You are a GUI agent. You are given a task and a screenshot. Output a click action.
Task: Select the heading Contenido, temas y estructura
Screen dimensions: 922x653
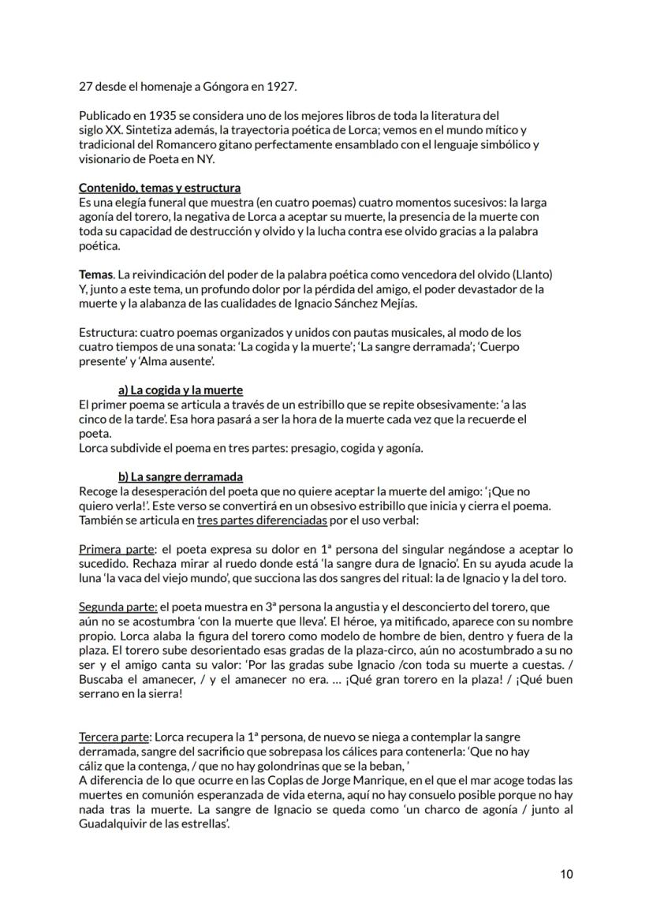(160, 189)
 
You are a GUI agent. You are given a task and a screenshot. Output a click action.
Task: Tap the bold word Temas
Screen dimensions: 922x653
(95, 274)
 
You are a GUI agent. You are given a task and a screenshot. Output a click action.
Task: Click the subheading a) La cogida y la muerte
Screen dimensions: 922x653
(181, 390)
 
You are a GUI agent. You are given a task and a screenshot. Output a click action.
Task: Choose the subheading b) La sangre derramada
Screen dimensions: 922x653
(181, 477)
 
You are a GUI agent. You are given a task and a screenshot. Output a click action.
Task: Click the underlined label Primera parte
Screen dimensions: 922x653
(108, 549)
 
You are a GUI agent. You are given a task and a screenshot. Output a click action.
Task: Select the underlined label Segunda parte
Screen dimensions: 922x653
(111, 607)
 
